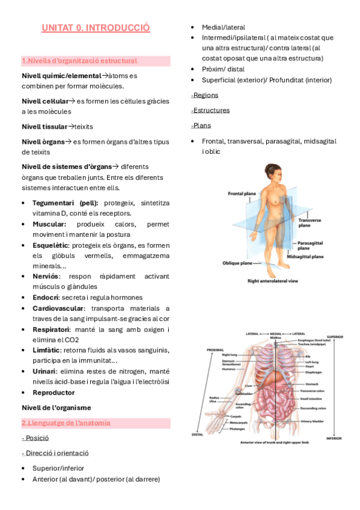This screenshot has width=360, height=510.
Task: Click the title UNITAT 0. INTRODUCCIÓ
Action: pyautogui.click(x=96, y=28)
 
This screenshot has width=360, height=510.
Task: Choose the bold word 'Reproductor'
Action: pyautogui.click(x=53, y=392)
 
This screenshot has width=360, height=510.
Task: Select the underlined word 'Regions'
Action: pyautogui.click(x=205, y=95)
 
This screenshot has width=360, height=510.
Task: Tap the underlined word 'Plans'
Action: pyautogui.click(x=201, y=125)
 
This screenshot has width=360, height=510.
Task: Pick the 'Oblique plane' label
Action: pyautogui.click(x=238, y=263)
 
